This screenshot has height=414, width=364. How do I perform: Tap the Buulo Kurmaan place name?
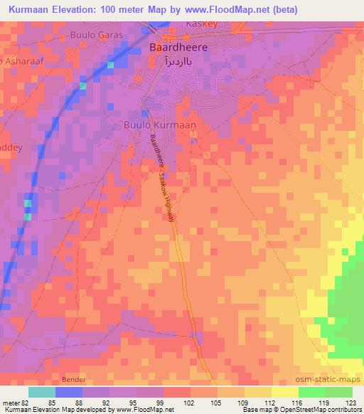(160, 124)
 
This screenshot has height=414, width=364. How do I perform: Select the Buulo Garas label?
(96, 34)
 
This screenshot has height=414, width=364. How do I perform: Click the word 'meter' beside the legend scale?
(11, 403)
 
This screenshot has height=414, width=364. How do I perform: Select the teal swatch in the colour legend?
(41, 392)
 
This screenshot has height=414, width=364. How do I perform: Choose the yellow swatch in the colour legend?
(284, 392)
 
